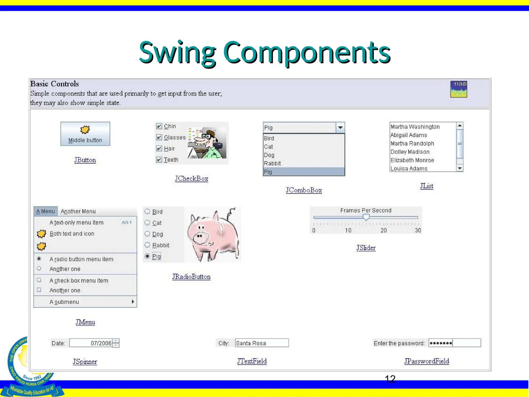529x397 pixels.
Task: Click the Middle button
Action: (85, 134)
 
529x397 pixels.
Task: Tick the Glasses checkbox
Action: (159, 137)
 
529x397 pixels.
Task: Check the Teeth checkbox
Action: (159, 160)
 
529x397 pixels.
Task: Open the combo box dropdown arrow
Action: (340, 127)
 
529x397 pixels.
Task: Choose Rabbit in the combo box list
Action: (272, 163)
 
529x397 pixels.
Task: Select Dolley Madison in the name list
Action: (410, 152)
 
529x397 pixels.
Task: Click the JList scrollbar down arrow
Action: (460, 168)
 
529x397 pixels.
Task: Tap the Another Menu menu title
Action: (78, 211)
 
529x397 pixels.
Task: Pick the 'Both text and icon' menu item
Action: (72, 234)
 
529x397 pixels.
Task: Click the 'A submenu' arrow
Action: (133, 302)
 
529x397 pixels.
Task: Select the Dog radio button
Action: (147, 234)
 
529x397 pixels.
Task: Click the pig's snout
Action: (199, 237)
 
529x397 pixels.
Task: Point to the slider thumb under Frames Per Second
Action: (366, 217)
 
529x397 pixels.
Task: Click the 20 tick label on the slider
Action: (384, 230)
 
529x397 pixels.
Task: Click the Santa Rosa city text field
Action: (262, 343)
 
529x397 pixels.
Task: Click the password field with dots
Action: (454, 343)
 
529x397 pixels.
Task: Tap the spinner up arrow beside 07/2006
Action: (116, 341)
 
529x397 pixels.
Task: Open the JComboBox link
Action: (304, 190)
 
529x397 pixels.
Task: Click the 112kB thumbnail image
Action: (459, 89)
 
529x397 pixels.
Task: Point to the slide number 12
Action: (390, 379)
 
